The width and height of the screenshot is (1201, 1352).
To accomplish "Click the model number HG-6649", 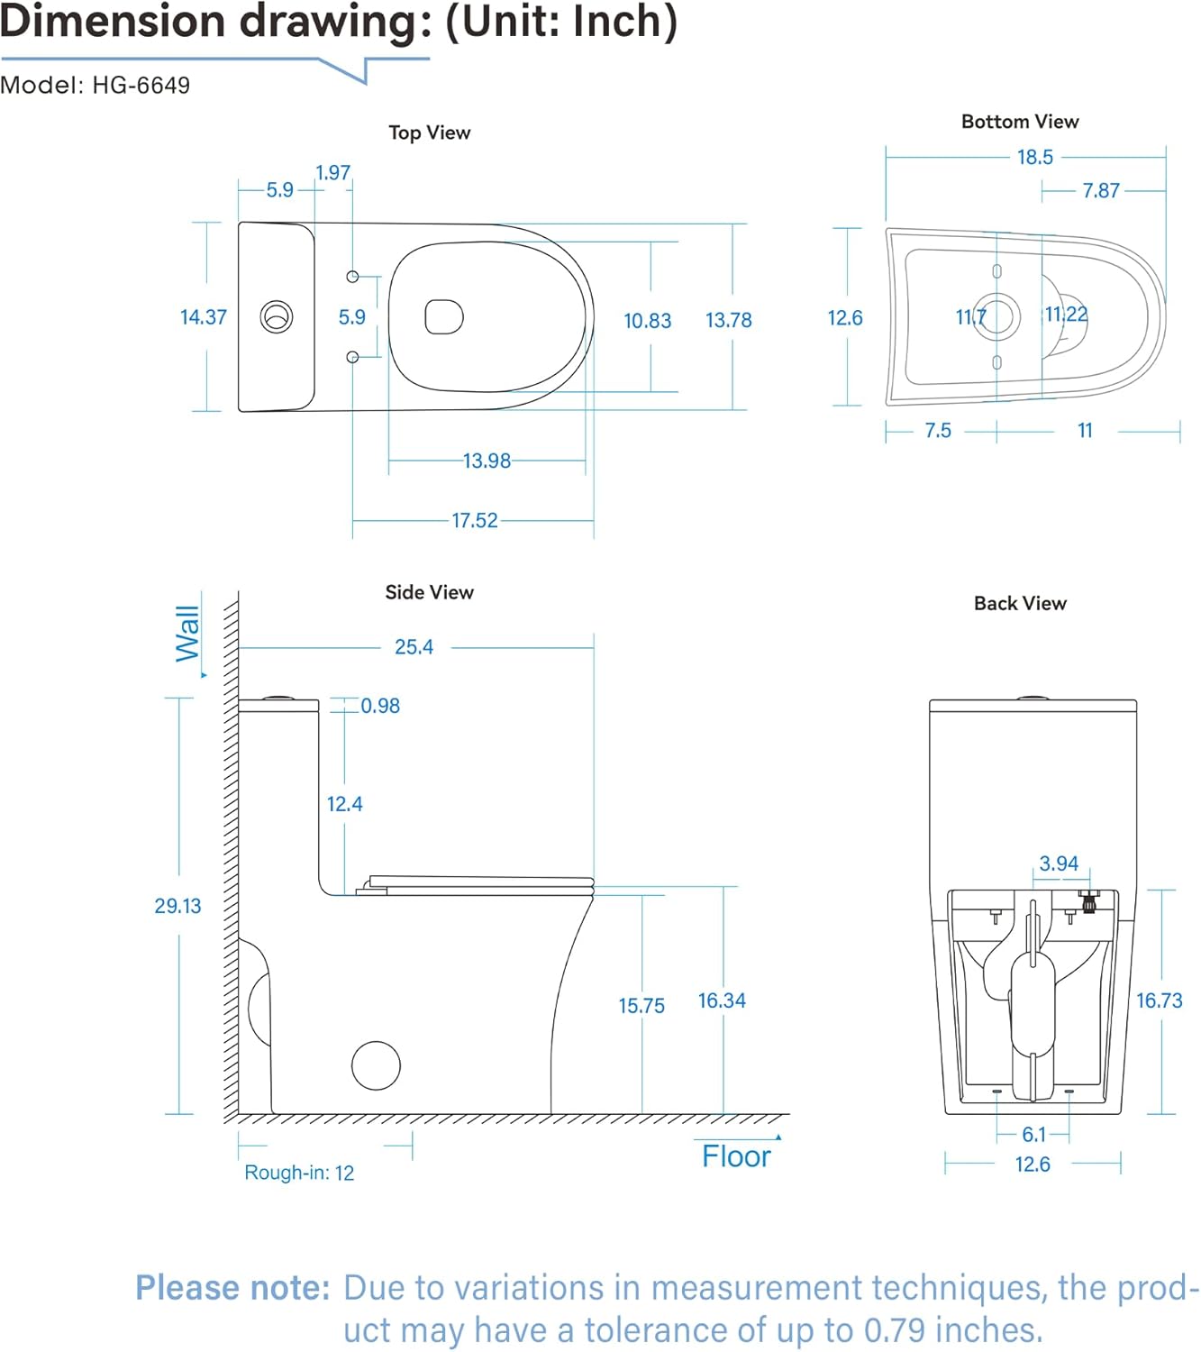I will click(x=141, y=86).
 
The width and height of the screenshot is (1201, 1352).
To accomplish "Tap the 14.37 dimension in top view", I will click(x=203, y=317).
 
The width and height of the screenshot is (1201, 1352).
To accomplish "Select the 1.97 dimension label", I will click(x=332, y=172).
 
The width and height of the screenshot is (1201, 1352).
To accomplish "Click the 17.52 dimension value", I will click(x=474, y=520).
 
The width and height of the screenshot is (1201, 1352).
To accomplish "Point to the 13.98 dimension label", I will click(x=487, y=461).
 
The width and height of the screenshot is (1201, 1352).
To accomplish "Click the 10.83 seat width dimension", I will click(x=647, y=320).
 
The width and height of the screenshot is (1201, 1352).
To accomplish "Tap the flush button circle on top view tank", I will click(x=277, y=316).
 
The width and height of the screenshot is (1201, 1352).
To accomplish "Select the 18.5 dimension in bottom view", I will click(x=1034, y=157).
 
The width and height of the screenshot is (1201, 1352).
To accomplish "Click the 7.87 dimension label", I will click(x=1101, y=190).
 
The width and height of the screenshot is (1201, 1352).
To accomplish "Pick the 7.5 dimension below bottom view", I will click(x=938, y=431).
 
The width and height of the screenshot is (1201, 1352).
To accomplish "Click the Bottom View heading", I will click(x=1019, y=122).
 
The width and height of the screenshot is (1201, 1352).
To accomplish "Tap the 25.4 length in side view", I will click(x=414, y=647).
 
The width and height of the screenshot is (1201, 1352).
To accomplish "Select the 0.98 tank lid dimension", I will click(x=380, y=706).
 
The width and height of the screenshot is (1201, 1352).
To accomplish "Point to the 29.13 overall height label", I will click(x=177, y=906).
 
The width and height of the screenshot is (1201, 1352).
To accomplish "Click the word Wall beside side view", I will click(x=187, y=633).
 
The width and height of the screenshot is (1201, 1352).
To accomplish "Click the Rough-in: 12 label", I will click(x=299, y=1173).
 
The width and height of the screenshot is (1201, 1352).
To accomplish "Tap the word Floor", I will click(x=736, y=1156).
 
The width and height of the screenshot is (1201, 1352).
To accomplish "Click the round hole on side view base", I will click(x=376, y=1065).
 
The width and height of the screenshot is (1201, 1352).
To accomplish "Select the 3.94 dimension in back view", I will click(x=1059, y=863).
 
